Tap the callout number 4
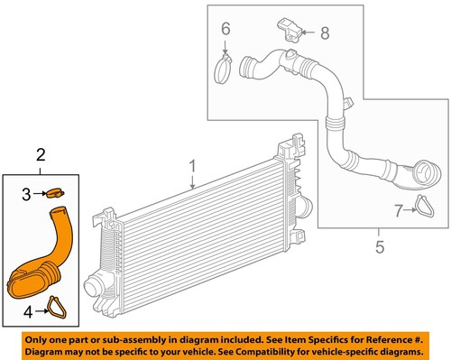(x=27, y=313)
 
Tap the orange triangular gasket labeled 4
(x=59, y=309)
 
